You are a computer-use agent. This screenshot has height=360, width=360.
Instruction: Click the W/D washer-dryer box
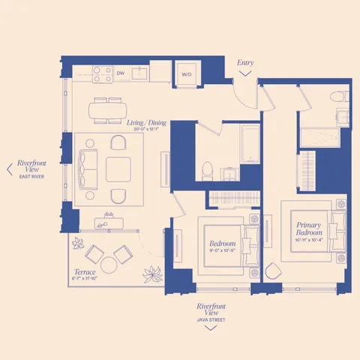click(187, 74)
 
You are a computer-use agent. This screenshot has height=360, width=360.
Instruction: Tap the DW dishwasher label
click(121, 73)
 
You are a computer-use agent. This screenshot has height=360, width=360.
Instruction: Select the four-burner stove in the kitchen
click(101, 73)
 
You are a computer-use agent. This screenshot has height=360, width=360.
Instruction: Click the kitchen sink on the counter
click(139, 73)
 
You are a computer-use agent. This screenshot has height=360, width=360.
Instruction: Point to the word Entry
click(245, 62)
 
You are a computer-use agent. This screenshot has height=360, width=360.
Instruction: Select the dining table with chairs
click(108, 110)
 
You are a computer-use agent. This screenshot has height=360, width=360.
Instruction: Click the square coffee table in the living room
click(118, 169)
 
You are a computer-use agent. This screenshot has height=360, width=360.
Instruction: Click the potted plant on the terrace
click(152, 274)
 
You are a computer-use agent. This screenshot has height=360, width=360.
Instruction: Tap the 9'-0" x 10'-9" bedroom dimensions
click(223, 252)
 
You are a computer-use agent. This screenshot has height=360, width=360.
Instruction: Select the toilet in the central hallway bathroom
click(207, 169)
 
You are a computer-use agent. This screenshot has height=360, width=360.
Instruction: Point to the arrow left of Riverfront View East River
click(8, 169)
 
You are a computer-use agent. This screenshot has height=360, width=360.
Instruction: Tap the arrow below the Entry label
click(245, 73)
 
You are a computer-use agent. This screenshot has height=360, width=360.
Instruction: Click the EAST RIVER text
click(33, 176)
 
